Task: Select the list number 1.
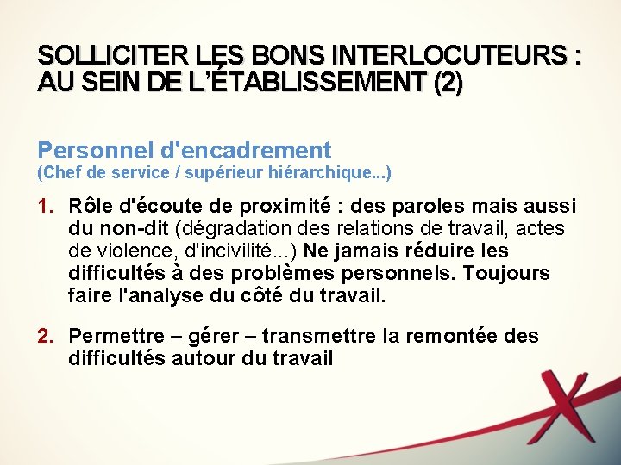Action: [x=45, y=207]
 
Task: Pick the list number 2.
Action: [x=45, y=336]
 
